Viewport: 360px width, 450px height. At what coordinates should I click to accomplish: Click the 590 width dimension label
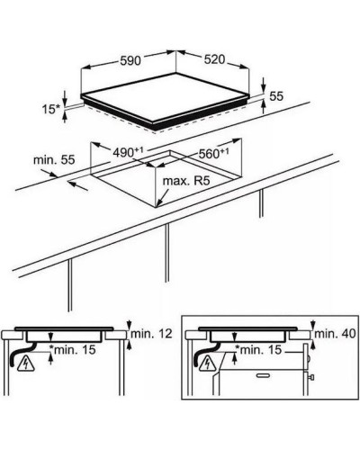130,60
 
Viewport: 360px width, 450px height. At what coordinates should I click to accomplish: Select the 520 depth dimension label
214,59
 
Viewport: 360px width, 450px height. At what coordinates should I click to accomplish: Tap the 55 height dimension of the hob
276,96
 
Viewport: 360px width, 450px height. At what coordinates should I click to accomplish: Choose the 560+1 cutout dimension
213,153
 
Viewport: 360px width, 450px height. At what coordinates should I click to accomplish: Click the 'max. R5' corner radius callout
185,181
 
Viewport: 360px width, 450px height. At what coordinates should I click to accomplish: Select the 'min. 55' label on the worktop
54,160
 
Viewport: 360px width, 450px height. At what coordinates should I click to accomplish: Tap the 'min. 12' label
152,334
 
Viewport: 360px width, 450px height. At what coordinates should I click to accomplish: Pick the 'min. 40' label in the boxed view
335,334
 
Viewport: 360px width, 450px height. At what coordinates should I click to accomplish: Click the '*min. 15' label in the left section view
72,349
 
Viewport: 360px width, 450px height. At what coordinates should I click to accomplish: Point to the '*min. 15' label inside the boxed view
258,349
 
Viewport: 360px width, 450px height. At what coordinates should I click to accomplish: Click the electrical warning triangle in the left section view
26,364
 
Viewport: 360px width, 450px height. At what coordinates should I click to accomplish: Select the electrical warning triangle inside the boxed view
207,363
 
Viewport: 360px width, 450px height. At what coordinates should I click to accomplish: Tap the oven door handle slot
264,375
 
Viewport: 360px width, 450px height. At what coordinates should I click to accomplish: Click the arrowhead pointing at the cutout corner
159,203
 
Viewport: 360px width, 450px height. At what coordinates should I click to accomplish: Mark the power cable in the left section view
21,354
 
